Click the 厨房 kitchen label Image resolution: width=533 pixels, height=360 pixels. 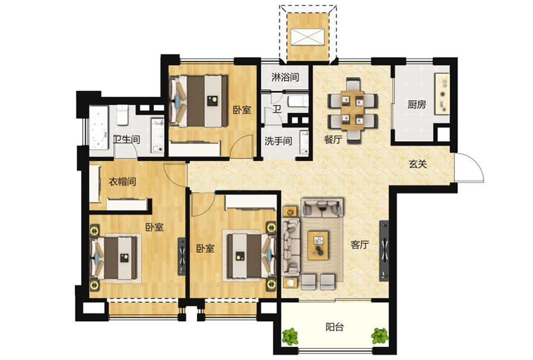coord(417,104)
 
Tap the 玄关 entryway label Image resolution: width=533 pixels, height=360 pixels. coord(418,164)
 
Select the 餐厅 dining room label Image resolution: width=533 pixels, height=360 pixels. coord(333,139)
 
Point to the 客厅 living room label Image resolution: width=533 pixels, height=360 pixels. coord(360,244)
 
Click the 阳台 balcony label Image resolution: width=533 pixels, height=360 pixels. coord(335,327)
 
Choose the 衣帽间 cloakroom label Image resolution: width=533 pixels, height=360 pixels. coord(122,181)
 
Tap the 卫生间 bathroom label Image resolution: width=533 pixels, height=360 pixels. coord(126,139)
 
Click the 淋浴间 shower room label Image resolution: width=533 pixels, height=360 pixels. coord(285,77)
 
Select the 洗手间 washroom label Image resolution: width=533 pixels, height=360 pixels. coord(278,141)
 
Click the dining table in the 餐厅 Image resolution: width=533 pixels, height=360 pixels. coord(353,110)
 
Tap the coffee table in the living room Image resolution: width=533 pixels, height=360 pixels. coord(318,246)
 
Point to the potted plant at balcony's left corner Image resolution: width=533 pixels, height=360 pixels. coord(290,336)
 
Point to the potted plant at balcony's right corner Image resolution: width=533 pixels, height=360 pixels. coord(380,336)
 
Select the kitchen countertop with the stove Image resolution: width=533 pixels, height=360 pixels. coord(442,94)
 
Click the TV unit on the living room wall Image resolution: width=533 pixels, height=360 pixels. coord(384,251)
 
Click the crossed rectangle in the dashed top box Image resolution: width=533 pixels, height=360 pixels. coord(308,37)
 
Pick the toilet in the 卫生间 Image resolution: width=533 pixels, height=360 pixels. coord(122,114)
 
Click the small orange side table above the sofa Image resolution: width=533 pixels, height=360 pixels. coord(290,212)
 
